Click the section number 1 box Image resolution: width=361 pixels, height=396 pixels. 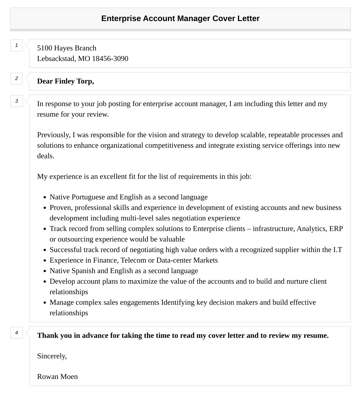tap(17, 45)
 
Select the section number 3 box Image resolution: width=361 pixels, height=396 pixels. tap(17, 101)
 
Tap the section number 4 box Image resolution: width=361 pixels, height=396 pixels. tap(17, 333)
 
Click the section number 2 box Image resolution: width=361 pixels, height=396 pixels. tap(17, 78)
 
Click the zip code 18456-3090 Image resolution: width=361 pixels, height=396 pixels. tap(110, 59)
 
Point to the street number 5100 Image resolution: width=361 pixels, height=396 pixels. tap(44, 48)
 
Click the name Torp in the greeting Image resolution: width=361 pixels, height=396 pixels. tap(85, 81)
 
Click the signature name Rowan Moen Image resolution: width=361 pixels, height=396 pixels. tap(57, 377)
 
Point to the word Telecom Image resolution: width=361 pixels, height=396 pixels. tap(133, 260)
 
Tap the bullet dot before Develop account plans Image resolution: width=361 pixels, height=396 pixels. tap(45, 282)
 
